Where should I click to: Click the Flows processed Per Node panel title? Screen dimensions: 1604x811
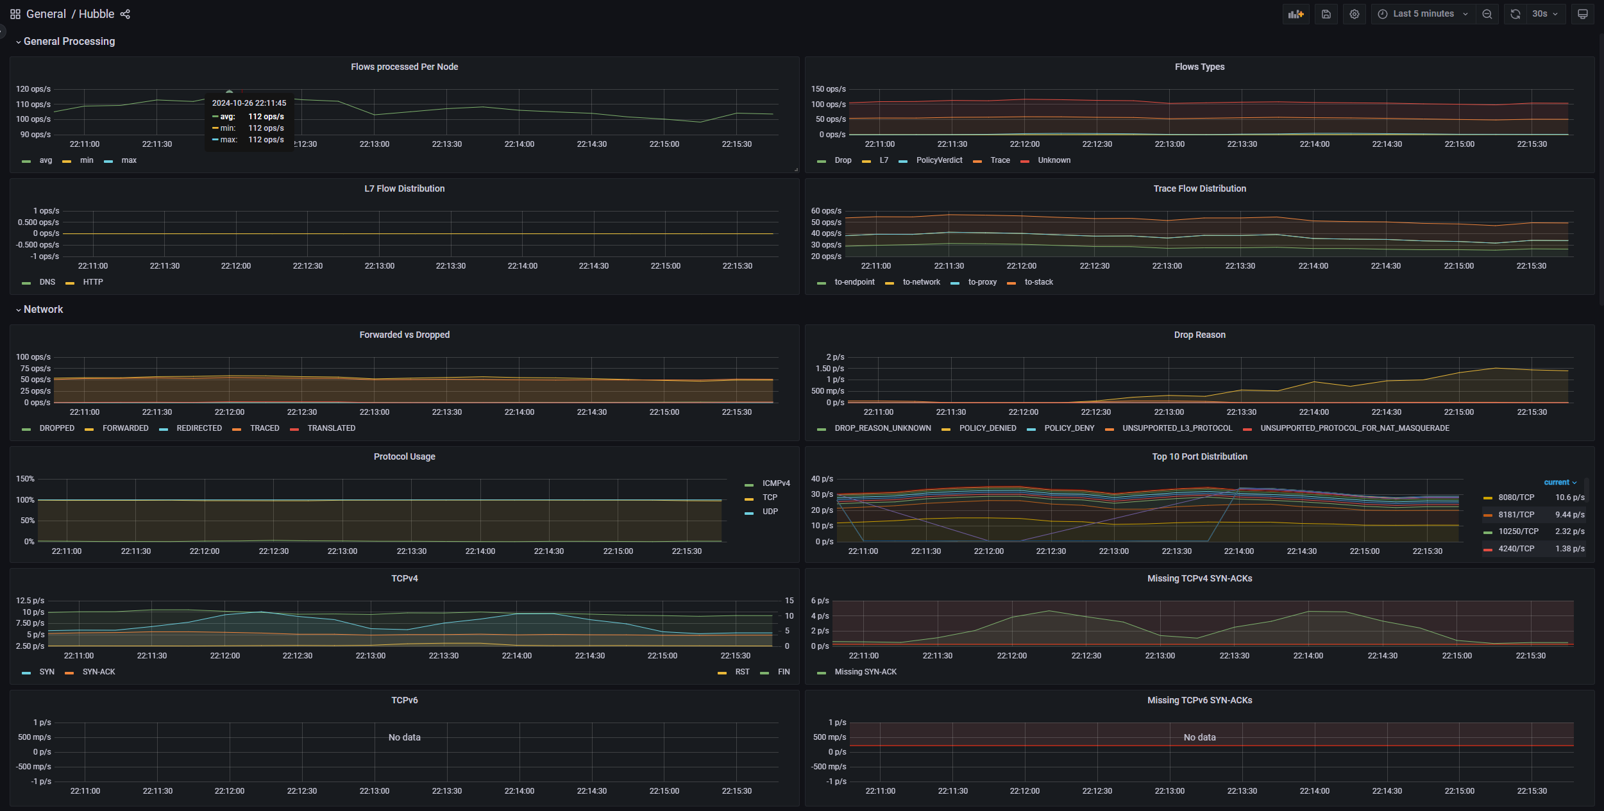(x=404, y=67)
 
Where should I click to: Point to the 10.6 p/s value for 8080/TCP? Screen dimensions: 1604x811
(x=1569, y=497)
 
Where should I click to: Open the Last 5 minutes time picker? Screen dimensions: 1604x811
(x=1423, y=14)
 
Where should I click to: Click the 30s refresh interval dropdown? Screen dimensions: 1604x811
(x=1545, y=14)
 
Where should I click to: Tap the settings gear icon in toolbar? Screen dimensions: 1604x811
(x=1354, y=14)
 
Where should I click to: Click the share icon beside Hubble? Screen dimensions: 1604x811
(x=125, y=14)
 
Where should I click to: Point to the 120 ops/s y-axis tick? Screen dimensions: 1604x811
(x=33, y=89)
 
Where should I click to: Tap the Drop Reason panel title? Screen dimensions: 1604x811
(x=1199, y=335)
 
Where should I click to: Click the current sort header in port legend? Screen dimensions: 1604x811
(x=1560, y=482)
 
